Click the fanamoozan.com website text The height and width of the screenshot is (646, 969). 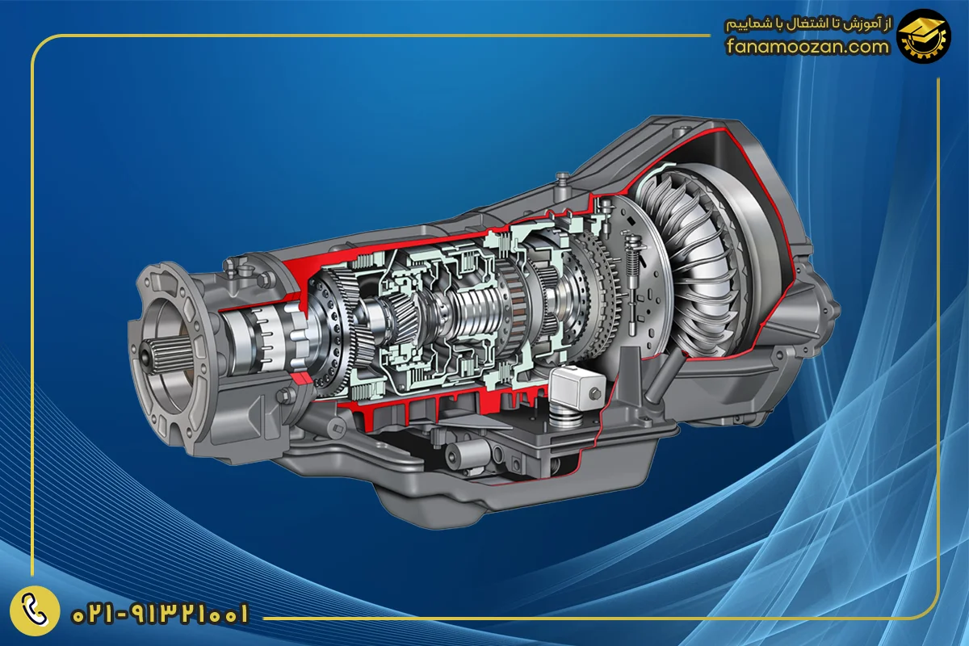click(x=807, y=46)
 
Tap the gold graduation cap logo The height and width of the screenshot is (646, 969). click(x=924, y=36)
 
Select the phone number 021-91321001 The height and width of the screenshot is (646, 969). click(x=161, y=614)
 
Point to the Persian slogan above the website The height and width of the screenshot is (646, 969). click(x=807, y=25)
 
